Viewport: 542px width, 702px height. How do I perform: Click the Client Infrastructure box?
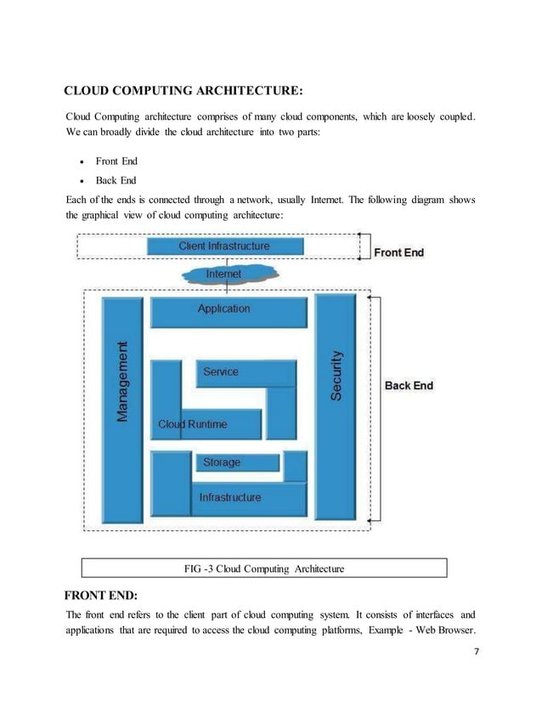coord(224,246)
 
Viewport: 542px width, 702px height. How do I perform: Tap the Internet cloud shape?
coord(223,274)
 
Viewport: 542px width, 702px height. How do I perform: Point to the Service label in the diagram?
coord(221,372)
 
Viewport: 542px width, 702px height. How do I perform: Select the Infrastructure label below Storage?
coord(229,497)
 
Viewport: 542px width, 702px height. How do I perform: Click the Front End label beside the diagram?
coord(398,252)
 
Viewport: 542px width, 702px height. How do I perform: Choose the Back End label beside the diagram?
coord(409,386)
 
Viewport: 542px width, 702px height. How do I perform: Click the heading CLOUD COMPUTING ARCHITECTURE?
coord(183,91)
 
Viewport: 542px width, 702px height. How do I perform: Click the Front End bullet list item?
coord(116,161)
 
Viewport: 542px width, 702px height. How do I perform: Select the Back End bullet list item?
coord(116,180)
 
